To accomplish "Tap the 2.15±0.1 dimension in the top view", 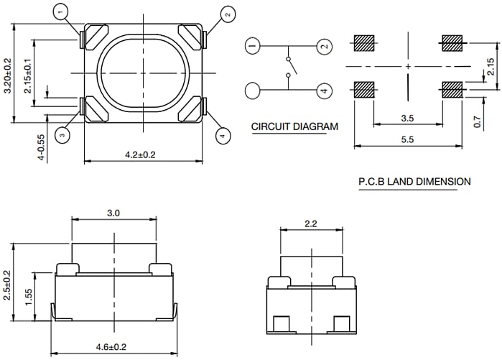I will click(28, 82).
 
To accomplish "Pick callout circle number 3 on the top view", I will click(63, 134).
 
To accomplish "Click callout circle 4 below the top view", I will click(222, 134).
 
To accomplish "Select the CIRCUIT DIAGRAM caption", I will click(294, 127).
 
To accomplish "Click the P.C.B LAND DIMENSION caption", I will click(414, 182).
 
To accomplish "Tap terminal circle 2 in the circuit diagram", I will click(324, 46).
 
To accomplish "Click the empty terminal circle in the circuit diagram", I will click(252, 91).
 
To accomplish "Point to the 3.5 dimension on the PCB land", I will click(407, 118).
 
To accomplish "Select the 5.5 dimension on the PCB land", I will click(406, 140).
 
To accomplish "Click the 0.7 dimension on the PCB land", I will click(478, 122).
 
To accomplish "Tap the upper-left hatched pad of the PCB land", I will click(365, 44).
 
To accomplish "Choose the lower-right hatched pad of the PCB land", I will click(452, 90).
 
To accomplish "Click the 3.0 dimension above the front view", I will click(113, 213).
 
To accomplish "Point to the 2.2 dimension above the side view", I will click(310, 224).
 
